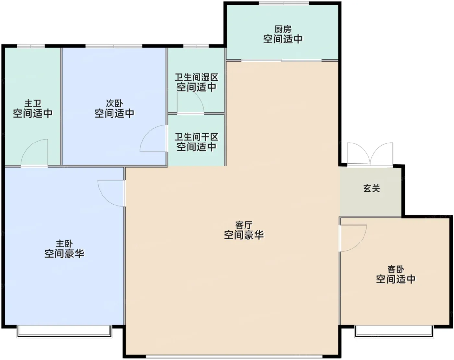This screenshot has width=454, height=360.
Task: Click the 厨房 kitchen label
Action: [x=283, y=29]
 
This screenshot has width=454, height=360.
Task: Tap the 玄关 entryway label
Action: [x=372, y=188]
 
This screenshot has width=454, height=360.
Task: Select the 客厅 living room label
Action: [x=244, y=225]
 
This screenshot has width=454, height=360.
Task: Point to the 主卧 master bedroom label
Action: [x=64, y=244]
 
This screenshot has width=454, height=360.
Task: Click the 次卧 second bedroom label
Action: [x=114, y=104]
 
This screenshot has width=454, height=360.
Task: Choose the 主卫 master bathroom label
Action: [x=33, y=104]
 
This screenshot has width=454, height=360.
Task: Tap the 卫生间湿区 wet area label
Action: [x=197, y=77]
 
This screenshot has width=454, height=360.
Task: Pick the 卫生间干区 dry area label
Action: [x=197, y=137]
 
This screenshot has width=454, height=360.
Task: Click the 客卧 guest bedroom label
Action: [x=396, y=269]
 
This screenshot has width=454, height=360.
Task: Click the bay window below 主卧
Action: [x=64, y=331]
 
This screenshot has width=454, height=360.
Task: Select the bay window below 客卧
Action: [x=394, y=331]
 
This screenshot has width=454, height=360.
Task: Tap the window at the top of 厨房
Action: [x=284, y=3]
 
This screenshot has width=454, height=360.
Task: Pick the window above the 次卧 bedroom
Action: [x=114, y=46]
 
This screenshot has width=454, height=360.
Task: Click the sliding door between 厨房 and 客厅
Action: [x=281, y=61]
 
